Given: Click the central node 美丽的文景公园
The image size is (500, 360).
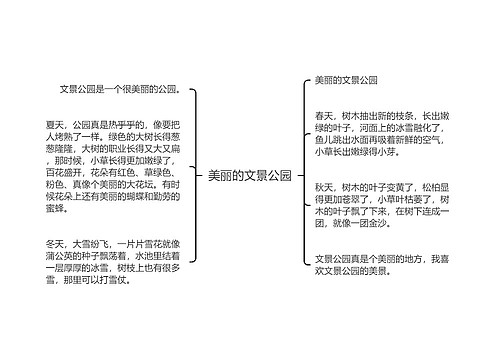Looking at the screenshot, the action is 249,175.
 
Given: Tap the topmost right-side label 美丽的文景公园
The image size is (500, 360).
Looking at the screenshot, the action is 346,79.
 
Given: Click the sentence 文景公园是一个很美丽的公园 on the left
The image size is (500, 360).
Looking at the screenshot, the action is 119,88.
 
